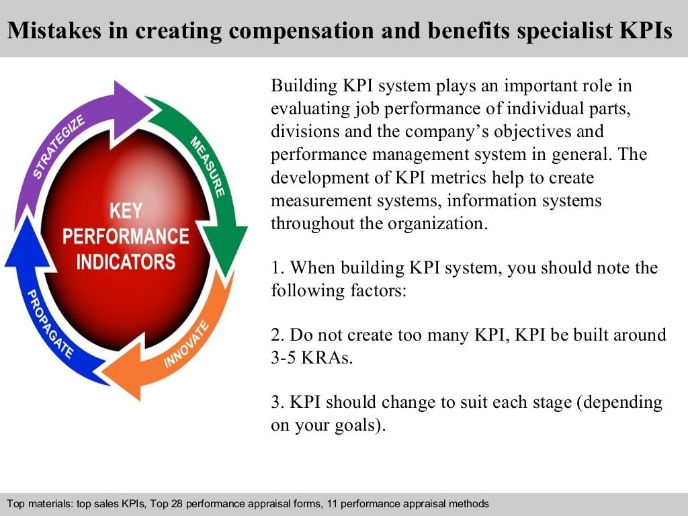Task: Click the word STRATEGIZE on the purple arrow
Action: coord(60,147)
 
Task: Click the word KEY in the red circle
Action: coord(126,212)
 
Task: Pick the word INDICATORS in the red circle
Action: coord(126,261)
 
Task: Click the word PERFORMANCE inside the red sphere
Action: coord(126,236)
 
